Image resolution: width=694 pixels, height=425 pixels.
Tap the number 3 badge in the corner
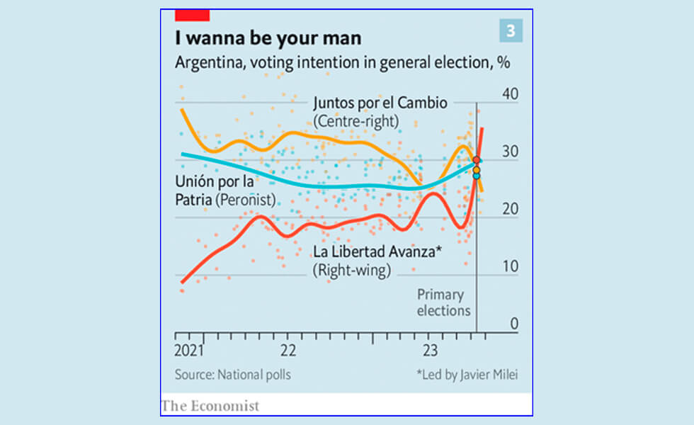pyautogui.click(x=509, y=30)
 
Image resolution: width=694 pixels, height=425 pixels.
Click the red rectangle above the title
pyautogui.click(x=192, y=15)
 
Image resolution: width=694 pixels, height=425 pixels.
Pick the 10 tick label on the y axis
pyautogui.click(x=509, y=267)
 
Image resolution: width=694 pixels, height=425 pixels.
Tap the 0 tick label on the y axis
pyautogui.click(x=513, y=324)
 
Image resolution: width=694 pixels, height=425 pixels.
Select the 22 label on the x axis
pyautogui.click(x=288, y=351)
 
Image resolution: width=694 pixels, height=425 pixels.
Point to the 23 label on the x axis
pyautogui.click(x=430, y=351)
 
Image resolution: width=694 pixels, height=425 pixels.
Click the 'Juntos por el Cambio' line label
pyautogui.click(x=380, y=103)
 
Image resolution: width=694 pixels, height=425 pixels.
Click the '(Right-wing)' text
pyautogui.click(x=351, y=271)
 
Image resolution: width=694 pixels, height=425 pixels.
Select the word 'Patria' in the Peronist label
pyautogui.click(x=194, y=200)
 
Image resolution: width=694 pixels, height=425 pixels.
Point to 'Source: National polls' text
pyautogui.click(x=233, y=375)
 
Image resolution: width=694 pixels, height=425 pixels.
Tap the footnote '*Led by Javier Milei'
pyautogui.click(x=462, y=375)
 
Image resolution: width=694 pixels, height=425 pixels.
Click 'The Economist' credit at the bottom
pyautogui.click(x=210, y=406)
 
